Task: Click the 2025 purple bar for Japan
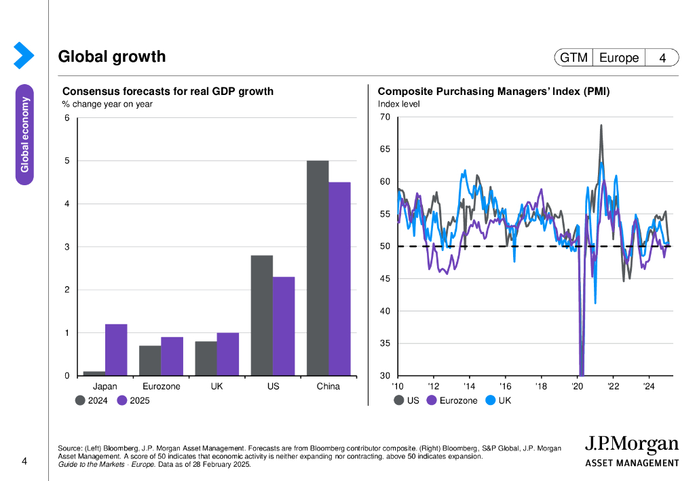[116, 350]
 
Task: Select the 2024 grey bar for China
[318, 268]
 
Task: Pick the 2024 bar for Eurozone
[150, 360]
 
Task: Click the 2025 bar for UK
[227, 354]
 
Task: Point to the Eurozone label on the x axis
[161, 387]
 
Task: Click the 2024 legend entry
[92, 401]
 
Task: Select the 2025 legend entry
[133, 401]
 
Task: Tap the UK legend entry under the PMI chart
[499, 401]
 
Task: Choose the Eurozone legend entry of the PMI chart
[453, 401]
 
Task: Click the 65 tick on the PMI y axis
[385, 149]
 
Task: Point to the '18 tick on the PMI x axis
[541, 387]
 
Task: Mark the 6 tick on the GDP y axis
[67, 118]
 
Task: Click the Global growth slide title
[112, 57]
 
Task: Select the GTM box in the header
[574, 58]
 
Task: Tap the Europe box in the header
[618, 58]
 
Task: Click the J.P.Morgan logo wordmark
[631, 446]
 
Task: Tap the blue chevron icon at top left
[23, 55]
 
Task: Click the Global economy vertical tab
[25, 134]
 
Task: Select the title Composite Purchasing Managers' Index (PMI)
[493, 92]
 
